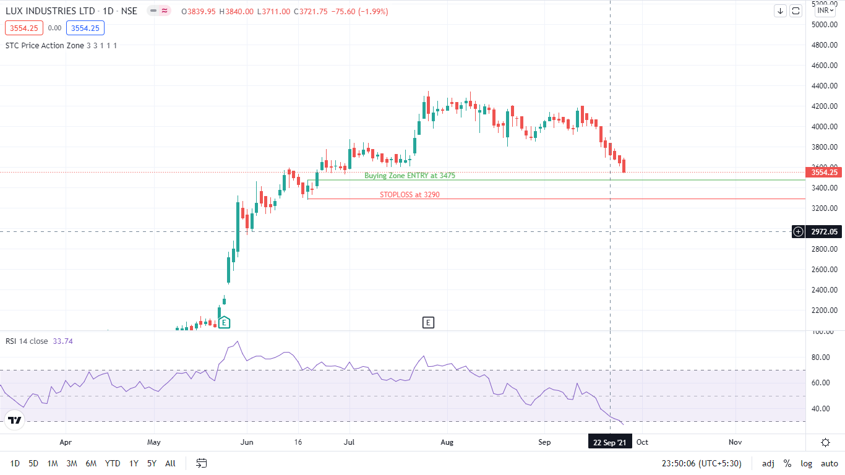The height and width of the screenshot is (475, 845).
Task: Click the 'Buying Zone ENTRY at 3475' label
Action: coord(410,176)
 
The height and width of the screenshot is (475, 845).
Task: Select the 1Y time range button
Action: coord(134,463)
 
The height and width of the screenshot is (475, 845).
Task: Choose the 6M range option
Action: coord(91,463)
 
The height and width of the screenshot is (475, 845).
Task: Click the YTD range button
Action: coord(113,463)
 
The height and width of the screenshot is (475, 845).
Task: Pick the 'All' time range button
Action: coord(170,463)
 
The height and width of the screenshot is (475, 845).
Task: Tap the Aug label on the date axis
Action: coord(447,442)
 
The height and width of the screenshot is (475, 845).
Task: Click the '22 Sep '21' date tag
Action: coord(609,442)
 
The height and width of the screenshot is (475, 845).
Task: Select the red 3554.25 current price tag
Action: coord(824,172)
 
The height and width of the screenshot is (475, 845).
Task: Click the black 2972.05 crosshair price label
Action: coord(824,231)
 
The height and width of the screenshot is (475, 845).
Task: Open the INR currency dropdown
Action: coord(825,11)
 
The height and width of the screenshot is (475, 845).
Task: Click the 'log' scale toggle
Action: coord(806,463)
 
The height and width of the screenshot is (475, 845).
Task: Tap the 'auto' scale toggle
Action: coord(829,463)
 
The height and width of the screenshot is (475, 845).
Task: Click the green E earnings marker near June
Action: coord(225,322)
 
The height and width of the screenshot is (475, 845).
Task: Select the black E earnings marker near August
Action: coord(428,322)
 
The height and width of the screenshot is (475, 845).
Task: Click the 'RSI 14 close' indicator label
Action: coord(27,341)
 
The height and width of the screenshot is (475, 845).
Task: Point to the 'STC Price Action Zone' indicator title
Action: coord(43,45)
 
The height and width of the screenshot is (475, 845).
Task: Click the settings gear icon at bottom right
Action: coord(825,442)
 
